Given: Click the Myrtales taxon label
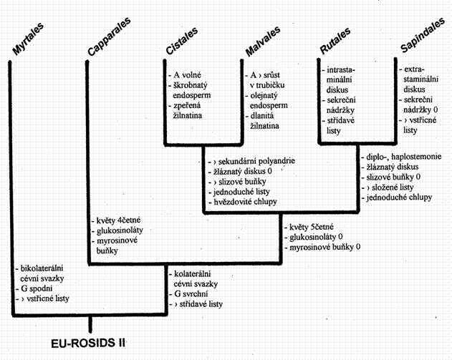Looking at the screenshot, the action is point(28,39).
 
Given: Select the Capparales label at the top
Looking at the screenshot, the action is point(109,37).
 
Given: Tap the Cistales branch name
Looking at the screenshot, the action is point(182,40).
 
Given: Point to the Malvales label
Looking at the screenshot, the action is point(263,42).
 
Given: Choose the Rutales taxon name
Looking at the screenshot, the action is point(335,41).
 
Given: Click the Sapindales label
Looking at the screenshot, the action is point(423,35).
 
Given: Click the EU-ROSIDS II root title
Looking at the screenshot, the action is point(88,344).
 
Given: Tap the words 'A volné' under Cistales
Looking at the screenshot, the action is point(187,75).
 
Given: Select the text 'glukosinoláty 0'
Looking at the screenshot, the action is point(316,237).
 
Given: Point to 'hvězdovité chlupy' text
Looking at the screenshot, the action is point(245,202).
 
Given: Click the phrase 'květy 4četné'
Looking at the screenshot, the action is point(118,220).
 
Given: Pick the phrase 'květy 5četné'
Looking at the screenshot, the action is point(312,227).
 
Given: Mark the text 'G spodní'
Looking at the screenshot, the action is point(37,288).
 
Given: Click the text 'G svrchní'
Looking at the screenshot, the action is point(191,293).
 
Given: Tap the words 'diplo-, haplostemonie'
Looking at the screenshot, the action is point(403,157).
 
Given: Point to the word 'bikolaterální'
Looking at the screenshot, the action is point(42,268).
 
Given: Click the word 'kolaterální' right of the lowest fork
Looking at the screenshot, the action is point(192,273).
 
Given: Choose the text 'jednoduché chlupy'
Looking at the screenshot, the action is point(399,198).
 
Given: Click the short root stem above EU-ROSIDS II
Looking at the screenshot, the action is point(90,324).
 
